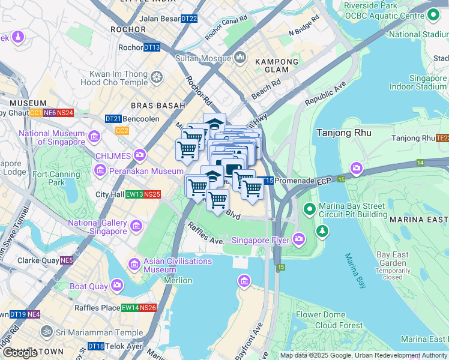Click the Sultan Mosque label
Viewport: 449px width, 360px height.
(203, 58)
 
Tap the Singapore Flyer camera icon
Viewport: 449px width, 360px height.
(300, 240)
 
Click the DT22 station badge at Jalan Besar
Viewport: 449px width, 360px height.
(188, 19)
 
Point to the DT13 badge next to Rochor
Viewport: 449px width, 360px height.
(152, 47)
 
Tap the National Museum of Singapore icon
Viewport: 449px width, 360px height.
(94, 137)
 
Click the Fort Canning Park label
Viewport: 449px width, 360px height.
(56, 178)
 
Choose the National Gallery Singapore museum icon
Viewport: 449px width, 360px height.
(136, 226)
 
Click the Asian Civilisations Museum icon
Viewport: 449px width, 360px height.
(134, 264)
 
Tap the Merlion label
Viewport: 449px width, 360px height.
(178, 281)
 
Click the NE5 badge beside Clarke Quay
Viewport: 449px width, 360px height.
(66, 260)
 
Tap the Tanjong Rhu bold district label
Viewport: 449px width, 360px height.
(343, 133)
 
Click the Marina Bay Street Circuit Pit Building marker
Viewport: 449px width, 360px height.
(309, 209)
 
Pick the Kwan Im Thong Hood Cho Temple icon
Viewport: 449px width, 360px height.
(157, 77)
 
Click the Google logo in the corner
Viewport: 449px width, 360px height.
(20, 353)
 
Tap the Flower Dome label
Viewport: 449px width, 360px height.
(321, 314)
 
